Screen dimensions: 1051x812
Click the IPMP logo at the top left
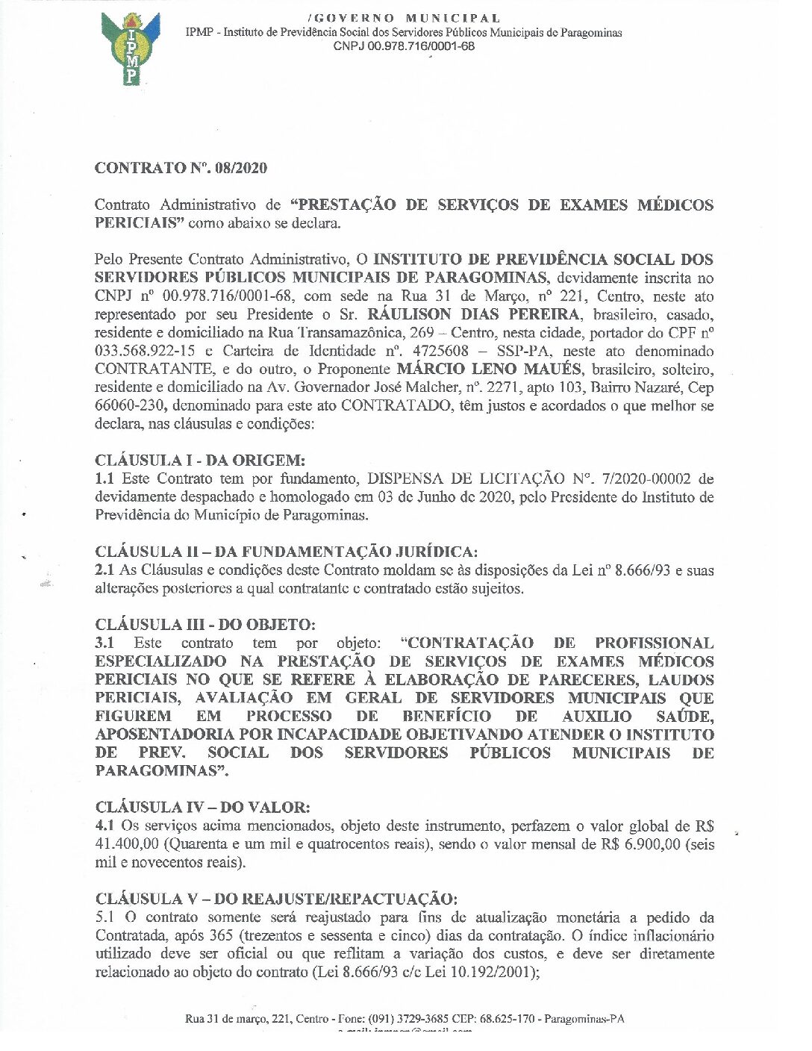130,49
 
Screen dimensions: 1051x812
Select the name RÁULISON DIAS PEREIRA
473,314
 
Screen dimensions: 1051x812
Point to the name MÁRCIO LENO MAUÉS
489,369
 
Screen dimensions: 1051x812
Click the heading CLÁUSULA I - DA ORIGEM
199,460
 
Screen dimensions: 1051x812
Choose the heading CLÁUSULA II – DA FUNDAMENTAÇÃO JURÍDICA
286,552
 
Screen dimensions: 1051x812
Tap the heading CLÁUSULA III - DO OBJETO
205,624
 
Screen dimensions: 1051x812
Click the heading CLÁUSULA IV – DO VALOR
202,807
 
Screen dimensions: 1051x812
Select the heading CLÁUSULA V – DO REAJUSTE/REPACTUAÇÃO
276,898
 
